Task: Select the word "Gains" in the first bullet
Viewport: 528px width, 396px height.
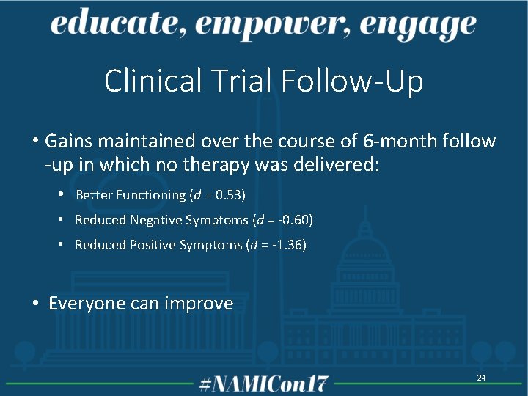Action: click(69, 140)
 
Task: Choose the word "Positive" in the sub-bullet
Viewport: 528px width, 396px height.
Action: click(153, 245)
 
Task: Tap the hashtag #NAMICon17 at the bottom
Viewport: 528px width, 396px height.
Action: click(264, 383)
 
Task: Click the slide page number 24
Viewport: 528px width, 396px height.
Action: click(481, 378)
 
